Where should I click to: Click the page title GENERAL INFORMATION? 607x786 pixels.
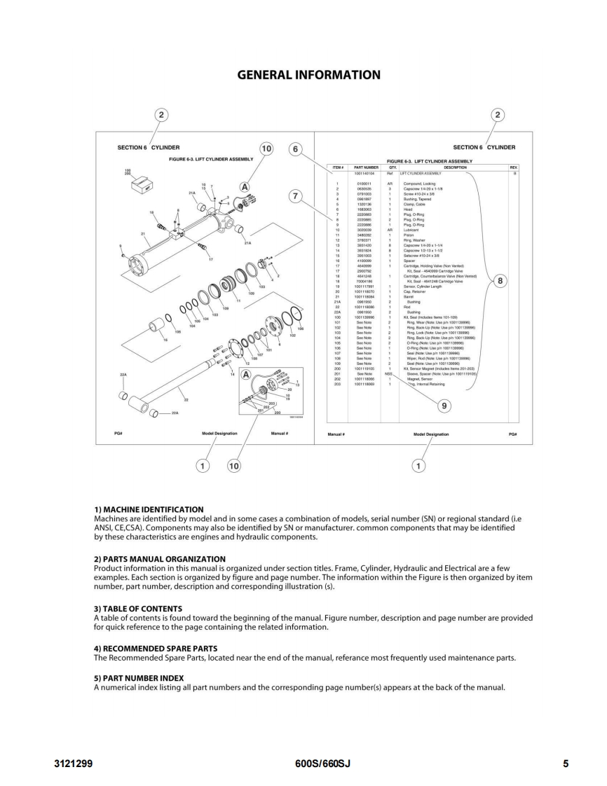pos(303,75)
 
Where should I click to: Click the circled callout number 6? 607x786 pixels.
pos(296,149)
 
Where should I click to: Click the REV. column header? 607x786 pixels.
pos(514,167)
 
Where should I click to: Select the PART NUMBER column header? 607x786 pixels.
pos(367,167)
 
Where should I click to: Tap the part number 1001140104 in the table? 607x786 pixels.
pos(367,172)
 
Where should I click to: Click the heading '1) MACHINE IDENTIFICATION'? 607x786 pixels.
pos(149,509)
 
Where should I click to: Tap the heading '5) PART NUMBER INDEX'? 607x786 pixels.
pos(139,677)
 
